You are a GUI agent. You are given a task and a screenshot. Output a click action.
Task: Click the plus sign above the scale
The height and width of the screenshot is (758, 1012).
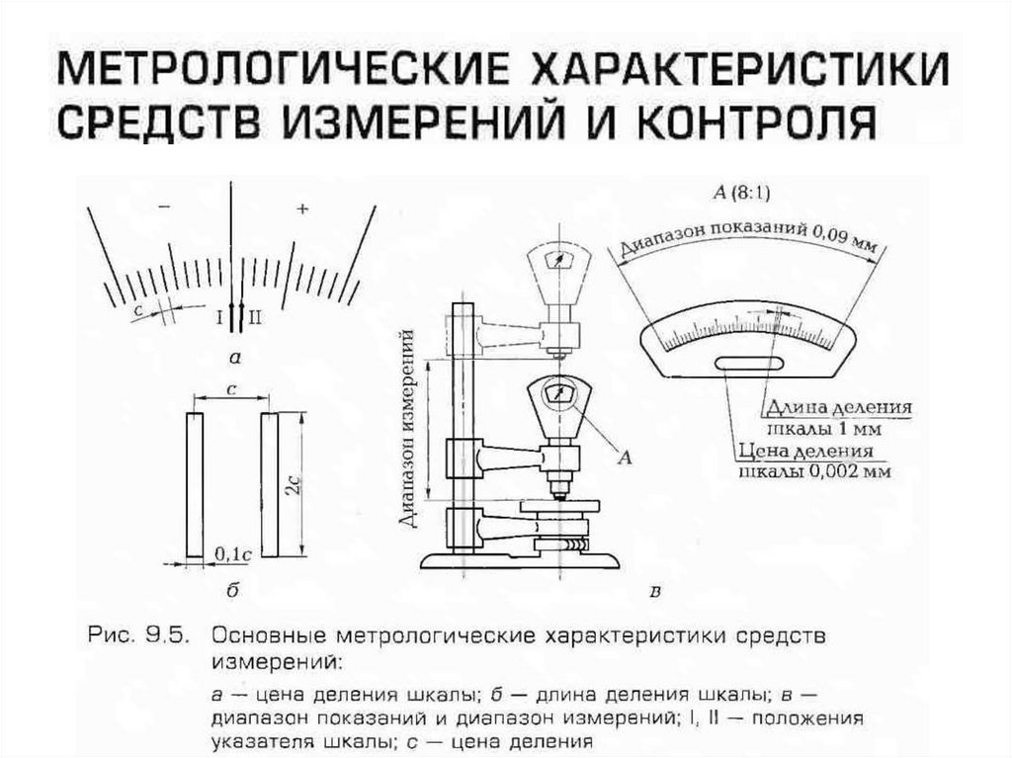pyautogui.click(x=302, y=209)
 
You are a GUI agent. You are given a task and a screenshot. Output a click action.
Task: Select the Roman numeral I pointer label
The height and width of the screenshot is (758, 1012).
pyautogui.click(x=219, y=316)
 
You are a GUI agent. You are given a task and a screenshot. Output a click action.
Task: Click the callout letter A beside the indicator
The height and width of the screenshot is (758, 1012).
pyautogui.click(x=624, y=456)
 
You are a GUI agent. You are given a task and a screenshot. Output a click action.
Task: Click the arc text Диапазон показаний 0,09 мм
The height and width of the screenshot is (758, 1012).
pyautogui.click(x=748, y=240)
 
